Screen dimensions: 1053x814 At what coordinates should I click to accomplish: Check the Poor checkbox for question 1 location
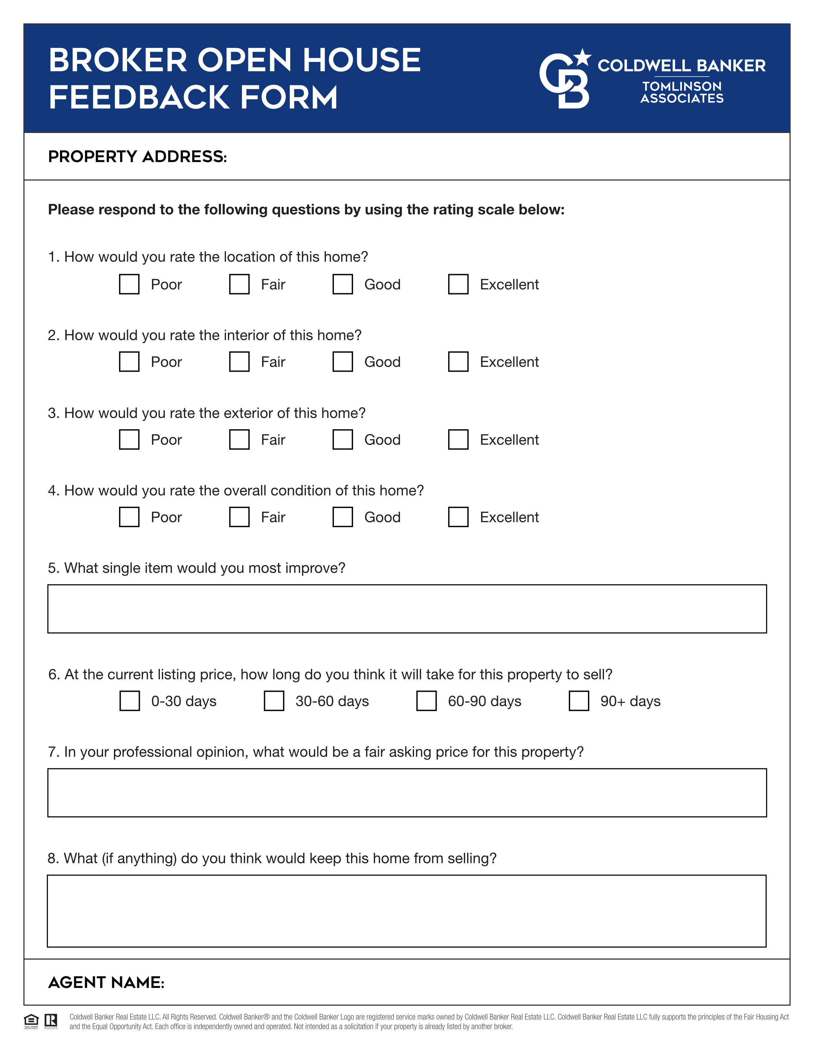click(x=129, y=284)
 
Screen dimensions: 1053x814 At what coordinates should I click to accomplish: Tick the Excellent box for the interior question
click(x=458, y=362)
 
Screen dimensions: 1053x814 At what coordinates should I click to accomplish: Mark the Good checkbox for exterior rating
click(x=343, y=439)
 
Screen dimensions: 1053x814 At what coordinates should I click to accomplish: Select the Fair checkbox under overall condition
click(x=239, y=517)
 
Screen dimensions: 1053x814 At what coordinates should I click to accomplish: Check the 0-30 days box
click(x=130, y=701)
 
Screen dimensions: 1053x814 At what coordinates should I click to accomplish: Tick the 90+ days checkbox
click(x=579, y=701)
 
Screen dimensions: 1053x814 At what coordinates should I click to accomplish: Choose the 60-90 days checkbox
click(x=426, y=701)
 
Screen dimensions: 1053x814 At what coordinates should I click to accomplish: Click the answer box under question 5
click(x=407, y=609)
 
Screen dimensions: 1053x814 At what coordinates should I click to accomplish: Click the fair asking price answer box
click(x=407, y=793)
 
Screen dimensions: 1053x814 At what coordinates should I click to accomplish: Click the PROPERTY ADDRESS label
click(x=138, y=157)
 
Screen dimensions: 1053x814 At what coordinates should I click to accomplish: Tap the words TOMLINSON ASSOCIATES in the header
click(x=682, y=93)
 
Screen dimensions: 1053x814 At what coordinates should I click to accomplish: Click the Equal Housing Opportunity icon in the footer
click(x=31, y=1021)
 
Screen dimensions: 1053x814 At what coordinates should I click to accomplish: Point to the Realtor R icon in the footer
click(x=51, y=1021)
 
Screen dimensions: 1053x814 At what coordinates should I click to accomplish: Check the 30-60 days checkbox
click(x=274, y=701)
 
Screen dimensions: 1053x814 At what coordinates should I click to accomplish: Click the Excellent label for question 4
click(x=509, y=517)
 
